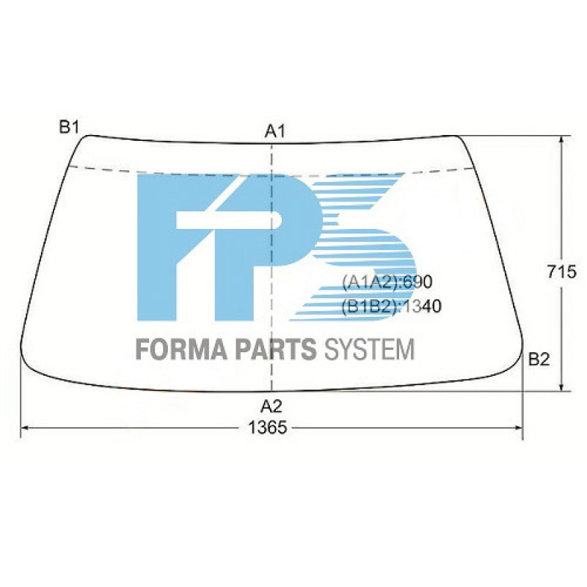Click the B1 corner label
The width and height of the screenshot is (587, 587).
pyautogui.click(x=69, y=127)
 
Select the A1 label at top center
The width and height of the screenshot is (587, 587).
pyautogui.click(x=274, y=131)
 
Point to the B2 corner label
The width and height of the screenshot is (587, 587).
pyautogui.click(x=539, y=359)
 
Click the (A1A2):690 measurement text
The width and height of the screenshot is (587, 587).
pyautogui.click(x=388, y=282)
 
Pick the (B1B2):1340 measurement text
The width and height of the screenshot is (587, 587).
pyautogui.click(x=391, y=307)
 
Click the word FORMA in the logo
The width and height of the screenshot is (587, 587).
pyautogui.click(x=182, y=349)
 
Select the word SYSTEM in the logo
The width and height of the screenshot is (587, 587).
pyautogui.click(x=368, y=349)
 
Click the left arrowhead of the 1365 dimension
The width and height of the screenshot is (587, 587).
pyautogui.click(x=24, y=427)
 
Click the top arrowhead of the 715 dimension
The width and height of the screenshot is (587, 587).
pyautogui.click(x=561, y=139)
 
